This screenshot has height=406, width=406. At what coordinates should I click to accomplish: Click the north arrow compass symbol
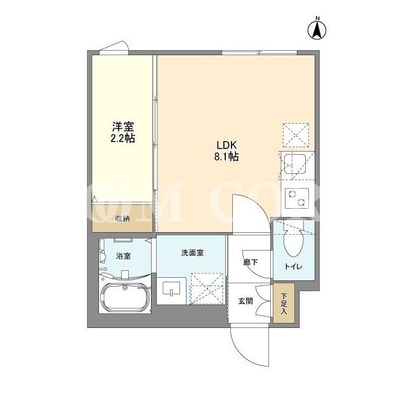click(317, 29)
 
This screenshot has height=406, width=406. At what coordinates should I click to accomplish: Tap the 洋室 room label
click(122, 127)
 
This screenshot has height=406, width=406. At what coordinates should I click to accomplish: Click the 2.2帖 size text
click(122, 138)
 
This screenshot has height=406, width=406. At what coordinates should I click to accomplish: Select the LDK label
click(227, 145)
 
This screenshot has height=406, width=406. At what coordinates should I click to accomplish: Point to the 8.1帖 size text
click(226, 157)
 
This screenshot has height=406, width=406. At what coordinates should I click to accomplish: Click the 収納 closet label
click(122, 219)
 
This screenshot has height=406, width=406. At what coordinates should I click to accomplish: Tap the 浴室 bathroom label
click(123, 256)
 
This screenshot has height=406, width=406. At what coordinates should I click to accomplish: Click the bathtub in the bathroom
click(124, 297)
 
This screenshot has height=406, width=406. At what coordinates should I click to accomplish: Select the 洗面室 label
click(192, 252)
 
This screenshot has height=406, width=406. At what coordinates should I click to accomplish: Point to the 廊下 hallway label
click(251, 263)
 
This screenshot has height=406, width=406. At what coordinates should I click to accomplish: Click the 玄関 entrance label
click(246, 301)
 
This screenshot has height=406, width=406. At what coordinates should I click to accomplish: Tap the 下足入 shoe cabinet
click(284, 303)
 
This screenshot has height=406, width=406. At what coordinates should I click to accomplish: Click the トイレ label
click(293, 266)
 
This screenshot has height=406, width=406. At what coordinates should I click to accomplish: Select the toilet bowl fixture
click(293, 242)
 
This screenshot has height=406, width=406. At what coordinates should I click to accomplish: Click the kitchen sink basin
click(294, 164)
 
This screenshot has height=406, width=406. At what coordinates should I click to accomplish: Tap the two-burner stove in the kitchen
click(297, 199)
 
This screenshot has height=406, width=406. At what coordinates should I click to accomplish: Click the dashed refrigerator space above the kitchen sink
click(296, 135)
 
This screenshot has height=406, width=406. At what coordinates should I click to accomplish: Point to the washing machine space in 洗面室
click(207, 289)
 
